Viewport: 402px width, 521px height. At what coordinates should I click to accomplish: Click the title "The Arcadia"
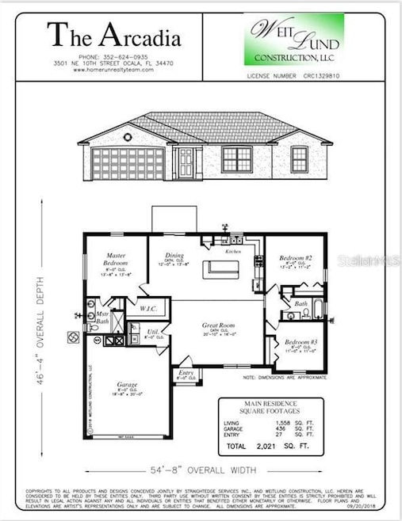click(x=113, y=35)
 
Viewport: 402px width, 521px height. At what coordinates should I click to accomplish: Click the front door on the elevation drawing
click(x=186, y=162)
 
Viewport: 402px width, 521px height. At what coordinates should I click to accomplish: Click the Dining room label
click(x=174, y=256)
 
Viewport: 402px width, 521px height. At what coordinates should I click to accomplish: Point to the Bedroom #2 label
click(x=294, y=259)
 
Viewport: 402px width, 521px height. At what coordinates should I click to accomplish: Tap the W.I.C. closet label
click(x=148, y=309)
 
